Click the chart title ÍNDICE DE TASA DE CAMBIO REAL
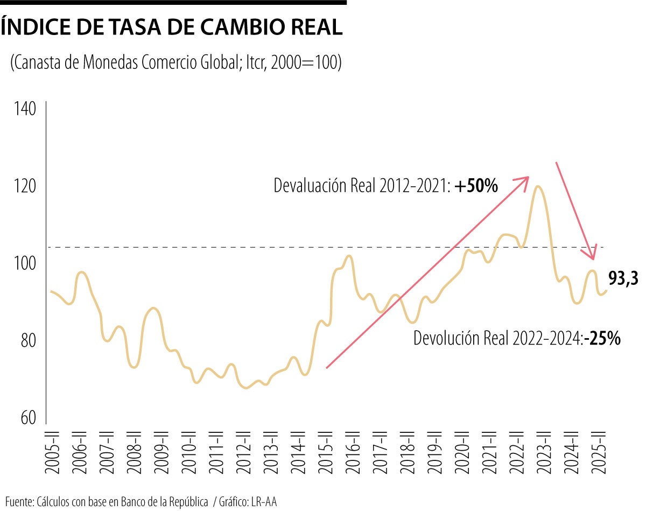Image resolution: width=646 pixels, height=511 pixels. [172, 27]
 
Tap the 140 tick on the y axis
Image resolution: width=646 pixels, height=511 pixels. [25, 109]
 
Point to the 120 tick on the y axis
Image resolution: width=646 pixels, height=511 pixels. [25, 186]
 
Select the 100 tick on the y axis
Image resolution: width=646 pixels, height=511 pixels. [25, 264]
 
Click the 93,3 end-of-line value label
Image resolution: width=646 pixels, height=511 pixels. [623, 278]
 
